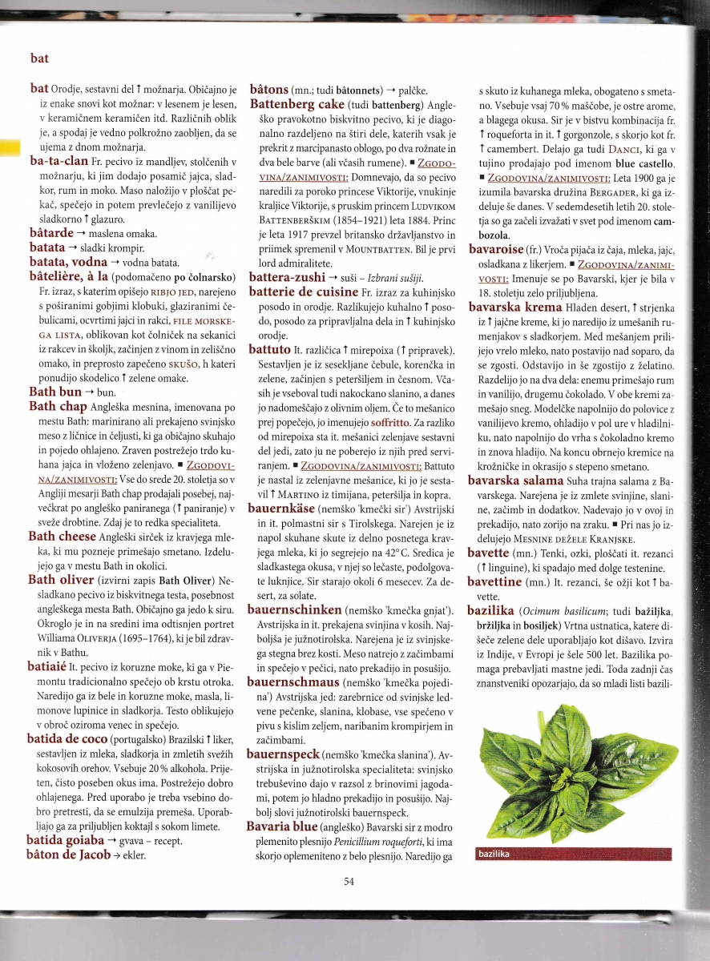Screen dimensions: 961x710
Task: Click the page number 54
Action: click(x=349, y=882)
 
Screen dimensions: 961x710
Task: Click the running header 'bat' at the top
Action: click(x=39, y=58)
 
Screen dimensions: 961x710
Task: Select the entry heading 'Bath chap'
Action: click(x=58, y=407)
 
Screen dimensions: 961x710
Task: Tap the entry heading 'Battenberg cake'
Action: click(x=297, y=105)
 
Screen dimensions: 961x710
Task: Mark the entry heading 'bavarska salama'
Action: click(x=518, y=480)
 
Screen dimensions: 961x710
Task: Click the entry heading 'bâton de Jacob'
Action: click(x=69, y=854)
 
